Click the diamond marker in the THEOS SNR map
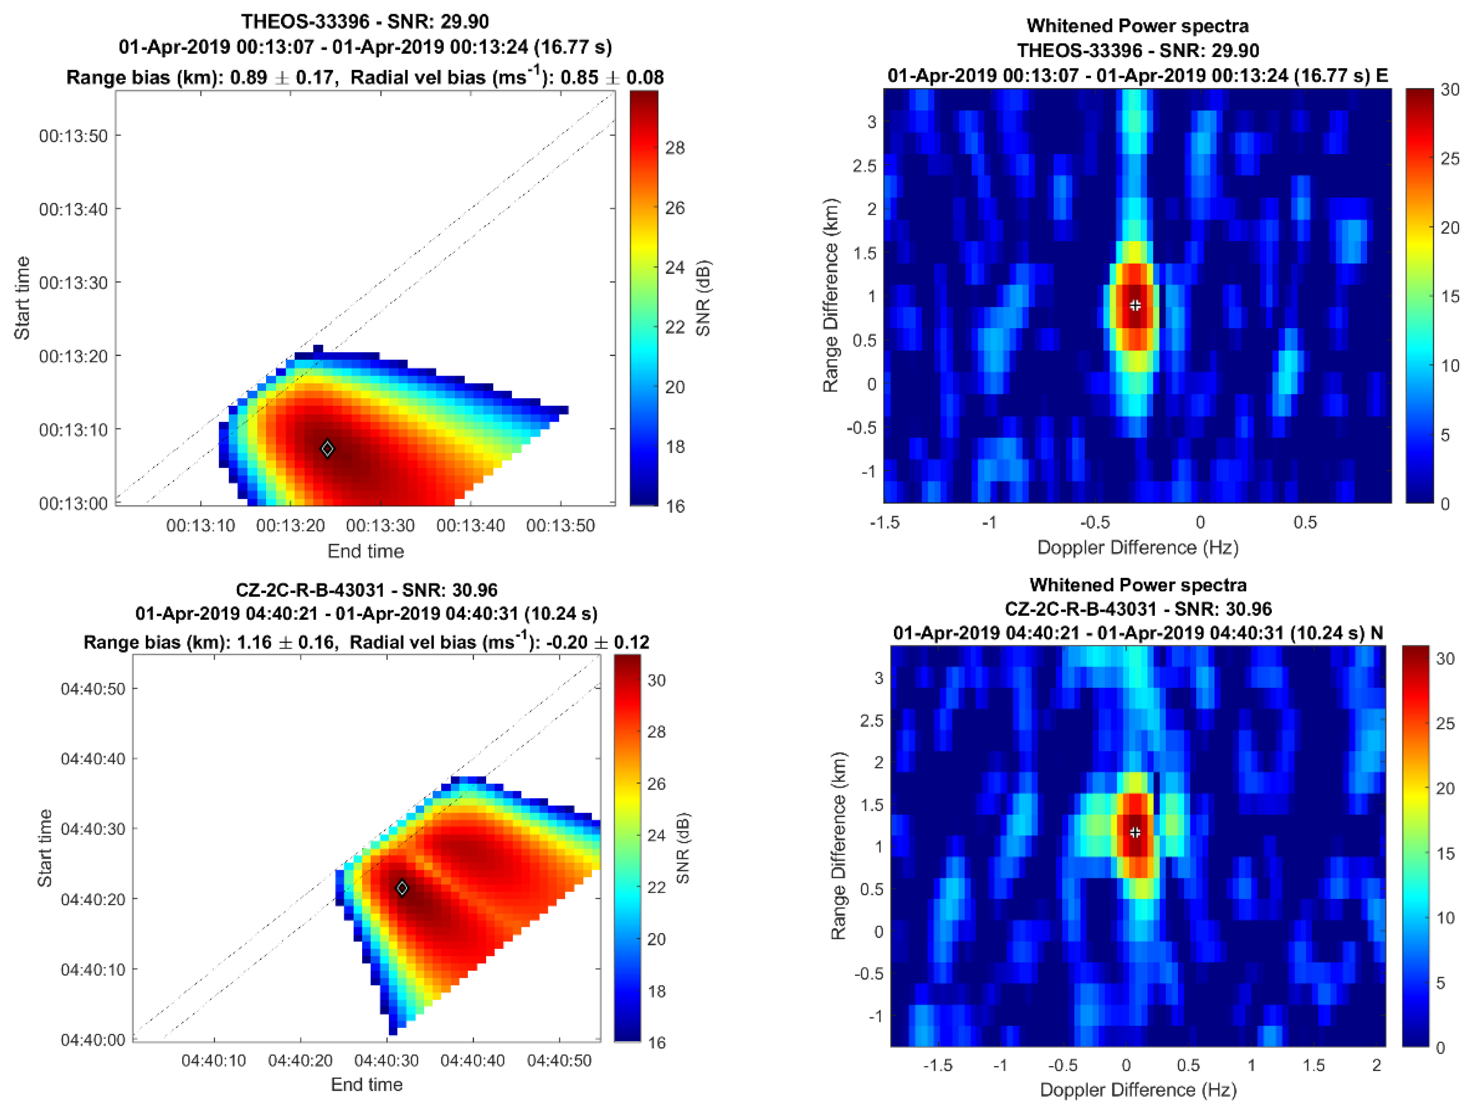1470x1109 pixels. [327, 449]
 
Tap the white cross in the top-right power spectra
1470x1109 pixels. [1135, 305]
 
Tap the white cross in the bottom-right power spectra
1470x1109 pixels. [1135, 832]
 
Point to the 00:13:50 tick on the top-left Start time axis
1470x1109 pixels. [73, 136]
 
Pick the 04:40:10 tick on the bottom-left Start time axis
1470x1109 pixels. [93, 970]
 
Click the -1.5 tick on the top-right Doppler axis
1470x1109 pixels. [885, 522]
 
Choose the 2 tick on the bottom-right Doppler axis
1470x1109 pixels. [1376, 1065]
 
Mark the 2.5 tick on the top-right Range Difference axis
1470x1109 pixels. [864, 165]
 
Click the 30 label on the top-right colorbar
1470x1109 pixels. [1450, 90]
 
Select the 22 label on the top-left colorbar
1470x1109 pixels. [675, 327]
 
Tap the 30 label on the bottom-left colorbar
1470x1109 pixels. [656, 680]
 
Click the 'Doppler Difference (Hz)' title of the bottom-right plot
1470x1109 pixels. [1138, 1090]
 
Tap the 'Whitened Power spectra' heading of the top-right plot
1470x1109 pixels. [1138, 26]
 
